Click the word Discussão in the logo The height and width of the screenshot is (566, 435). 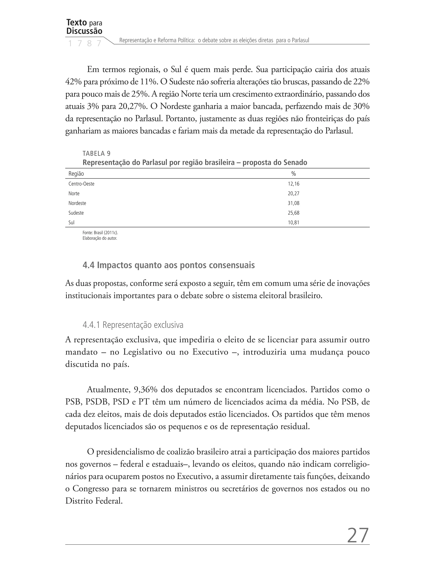[84, 31]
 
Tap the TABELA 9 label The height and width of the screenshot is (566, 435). [96, 153]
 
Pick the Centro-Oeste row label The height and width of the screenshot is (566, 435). [81, 184]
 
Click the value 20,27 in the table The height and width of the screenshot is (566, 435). [293, 193]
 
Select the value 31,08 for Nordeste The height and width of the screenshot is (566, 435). [293, 203]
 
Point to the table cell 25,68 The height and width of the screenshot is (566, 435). [293, 213]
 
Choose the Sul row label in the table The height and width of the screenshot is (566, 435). [71, 223]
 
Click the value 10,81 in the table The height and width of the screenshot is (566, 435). [293, 223]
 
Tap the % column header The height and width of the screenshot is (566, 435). [293, 174]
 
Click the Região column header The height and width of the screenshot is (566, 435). [76, 174]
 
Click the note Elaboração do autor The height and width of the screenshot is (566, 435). [100, 238]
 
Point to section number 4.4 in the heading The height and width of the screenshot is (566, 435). [88, 265]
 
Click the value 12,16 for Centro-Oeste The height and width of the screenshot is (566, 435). [293, 184]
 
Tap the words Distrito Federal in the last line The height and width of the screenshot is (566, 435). [93, 501]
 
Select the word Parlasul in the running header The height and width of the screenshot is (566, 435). [300, 40]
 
